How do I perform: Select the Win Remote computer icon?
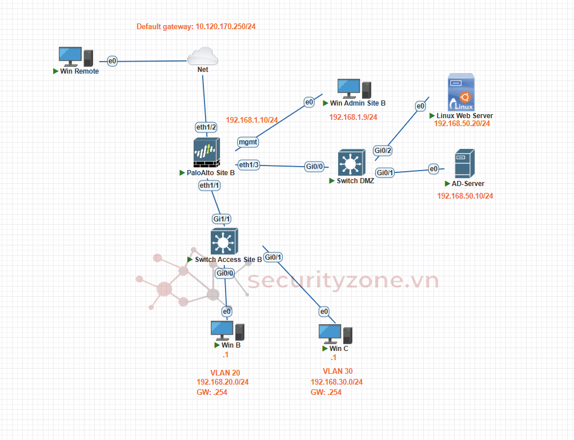pyautogui.click(x=76, y=56)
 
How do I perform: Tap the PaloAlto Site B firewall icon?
pyautogui.click(x=206, y=153)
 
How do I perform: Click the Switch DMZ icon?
pyautogui.click(x=351, y=163)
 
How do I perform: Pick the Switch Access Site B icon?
pyautogui.click(x=224, y=241)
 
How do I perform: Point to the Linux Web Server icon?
pyautogui.click(x=461, y=92)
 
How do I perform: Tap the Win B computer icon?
pyautogui.click(x=227, y=330)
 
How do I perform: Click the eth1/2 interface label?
pyautogui.click(x=206, y=127)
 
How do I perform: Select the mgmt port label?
pyautogui.click(x=248, y=142)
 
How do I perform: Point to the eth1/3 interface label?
pyautogui.click(x=249, y=165)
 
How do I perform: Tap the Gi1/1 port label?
pyautogui.click(x=221, y=219)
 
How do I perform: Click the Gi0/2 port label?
pyautogui.click(x=383, y=151)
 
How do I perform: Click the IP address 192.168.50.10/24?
pyautogui.click(x=465, y=196)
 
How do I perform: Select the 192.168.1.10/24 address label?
pyautogui.click(x=252, y=120)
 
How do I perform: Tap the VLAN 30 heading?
pyautogui.click(x=338, y=371)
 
